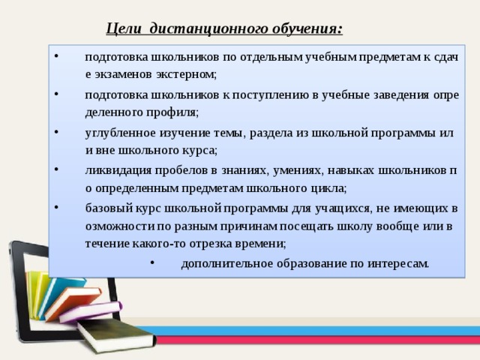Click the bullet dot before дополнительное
point(151,262)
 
